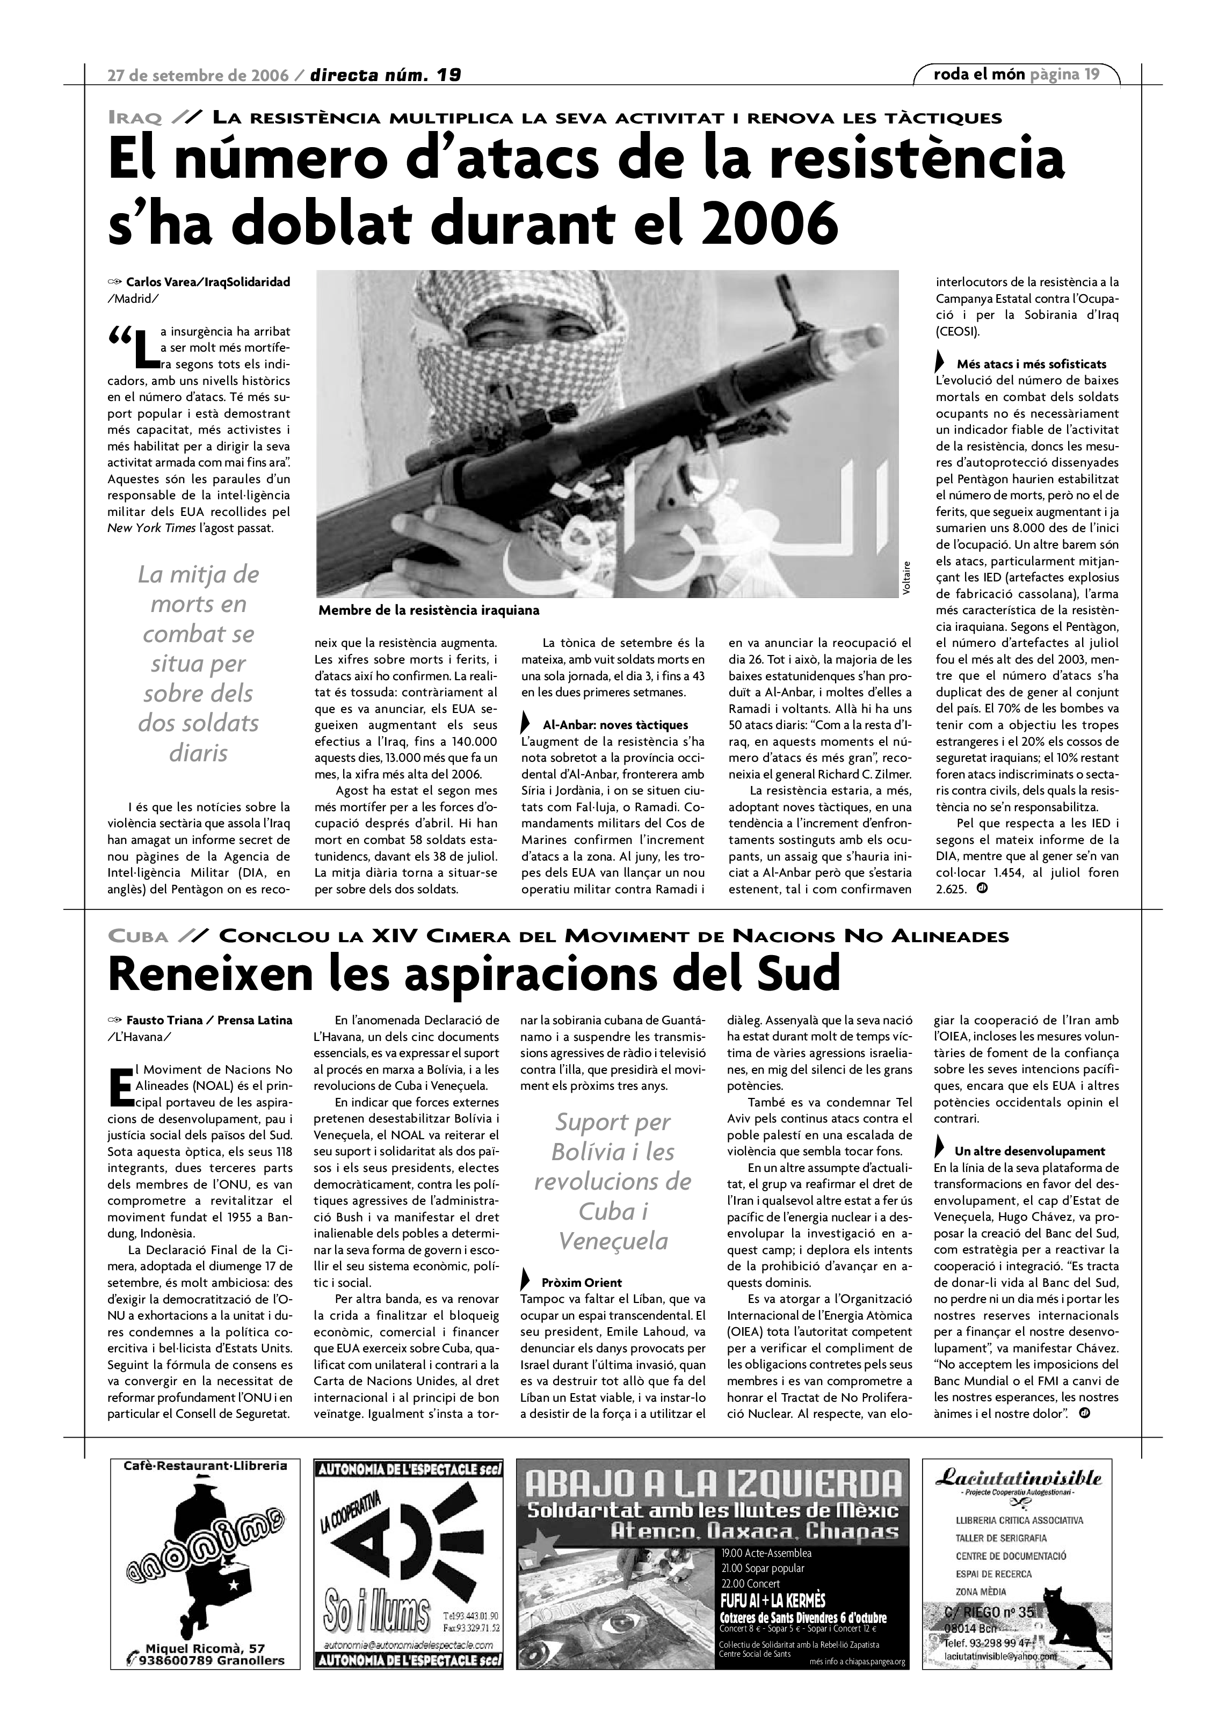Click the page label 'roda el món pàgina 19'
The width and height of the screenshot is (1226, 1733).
(1016, 74)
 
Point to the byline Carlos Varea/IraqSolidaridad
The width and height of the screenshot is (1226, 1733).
(208, 282)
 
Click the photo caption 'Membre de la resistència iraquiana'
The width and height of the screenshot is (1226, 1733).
(429, 610)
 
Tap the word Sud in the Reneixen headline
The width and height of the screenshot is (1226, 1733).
(801, 974)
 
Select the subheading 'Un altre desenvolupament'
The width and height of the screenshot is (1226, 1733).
(1029, 1151)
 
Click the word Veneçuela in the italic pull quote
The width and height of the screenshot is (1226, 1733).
(613, 1241)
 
